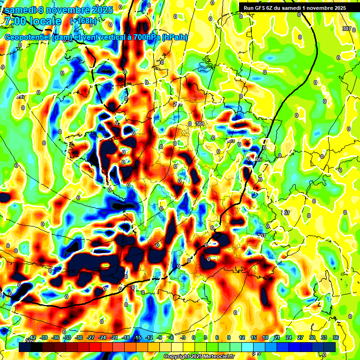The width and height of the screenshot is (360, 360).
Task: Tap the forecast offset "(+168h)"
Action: tap(83, 21)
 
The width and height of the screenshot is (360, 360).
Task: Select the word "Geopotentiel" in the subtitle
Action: tap(28, 37)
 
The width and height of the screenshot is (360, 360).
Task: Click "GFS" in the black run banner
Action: tap(262, 7)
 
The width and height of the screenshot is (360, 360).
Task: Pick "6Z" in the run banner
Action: tap(273, 7)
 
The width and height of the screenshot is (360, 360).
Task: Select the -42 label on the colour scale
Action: tap(32, 338)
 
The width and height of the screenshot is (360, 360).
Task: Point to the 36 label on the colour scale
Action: tap(336, 338)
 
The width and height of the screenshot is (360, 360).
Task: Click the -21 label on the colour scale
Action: tap(114, 338)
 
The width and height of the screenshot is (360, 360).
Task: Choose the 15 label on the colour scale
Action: tap(254, 338)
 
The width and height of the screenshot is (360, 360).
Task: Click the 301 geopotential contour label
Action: tap(200, 124)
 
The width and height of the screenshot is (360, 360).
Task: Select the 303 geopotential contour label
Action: tap(230, 141)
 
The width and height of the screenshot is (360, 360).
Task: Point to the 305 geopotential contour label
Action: tap(257, 160)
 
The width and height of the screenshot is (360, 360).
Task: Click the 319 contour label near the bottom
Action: tap(256, 353)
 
